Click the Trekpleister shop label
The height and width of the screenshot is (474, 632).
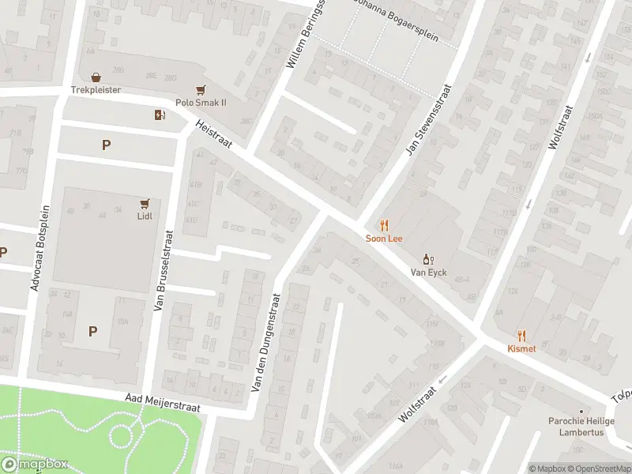pyautogui.click(x=96, y=90)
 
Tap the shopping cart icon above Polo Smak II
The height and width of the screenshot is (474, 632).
pyautogui.click(x=201, y=91)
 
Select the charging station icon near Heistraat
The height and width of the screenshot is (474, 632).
pyautogui.click(x=160, y=115)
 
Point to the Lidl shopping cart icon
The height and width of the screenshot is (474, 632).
pyautogui.click(x=145, y=203)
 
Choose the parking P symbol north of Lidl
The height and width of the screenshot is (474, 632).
pyautogui.click(x=106, y=145)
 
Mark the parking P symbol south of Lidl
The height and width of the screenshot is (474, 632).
pyautogui.click(x=93, y=331)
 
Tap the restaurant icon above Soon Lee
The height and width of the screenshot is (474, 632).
pyautogui.click(x=385, y=225)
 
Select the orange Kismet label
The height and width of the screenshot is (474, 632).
pyautogui.click(x=521, y=348)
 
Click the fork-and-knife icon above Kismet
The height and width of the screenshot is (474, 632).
pyautogui.click(x=521, y=336)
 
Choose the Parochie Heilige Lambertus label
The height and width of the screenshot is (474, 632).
pyautogui.click(x=581, y=426)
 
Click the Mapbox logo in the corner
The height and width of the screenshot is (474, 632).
pyautogui.click(x=35, y=465)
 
